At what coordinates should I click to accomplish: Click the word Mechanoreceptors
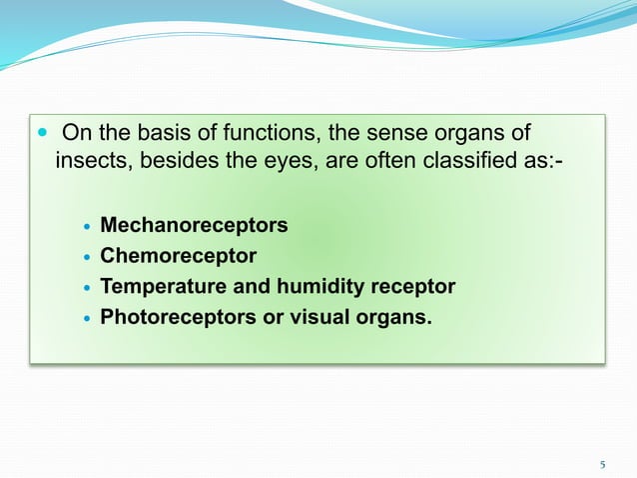click(194, 225)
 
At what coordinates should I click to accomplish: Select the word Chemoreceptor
click(178, 256)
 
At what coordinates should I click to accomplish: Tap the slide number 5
click(603, 464)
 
